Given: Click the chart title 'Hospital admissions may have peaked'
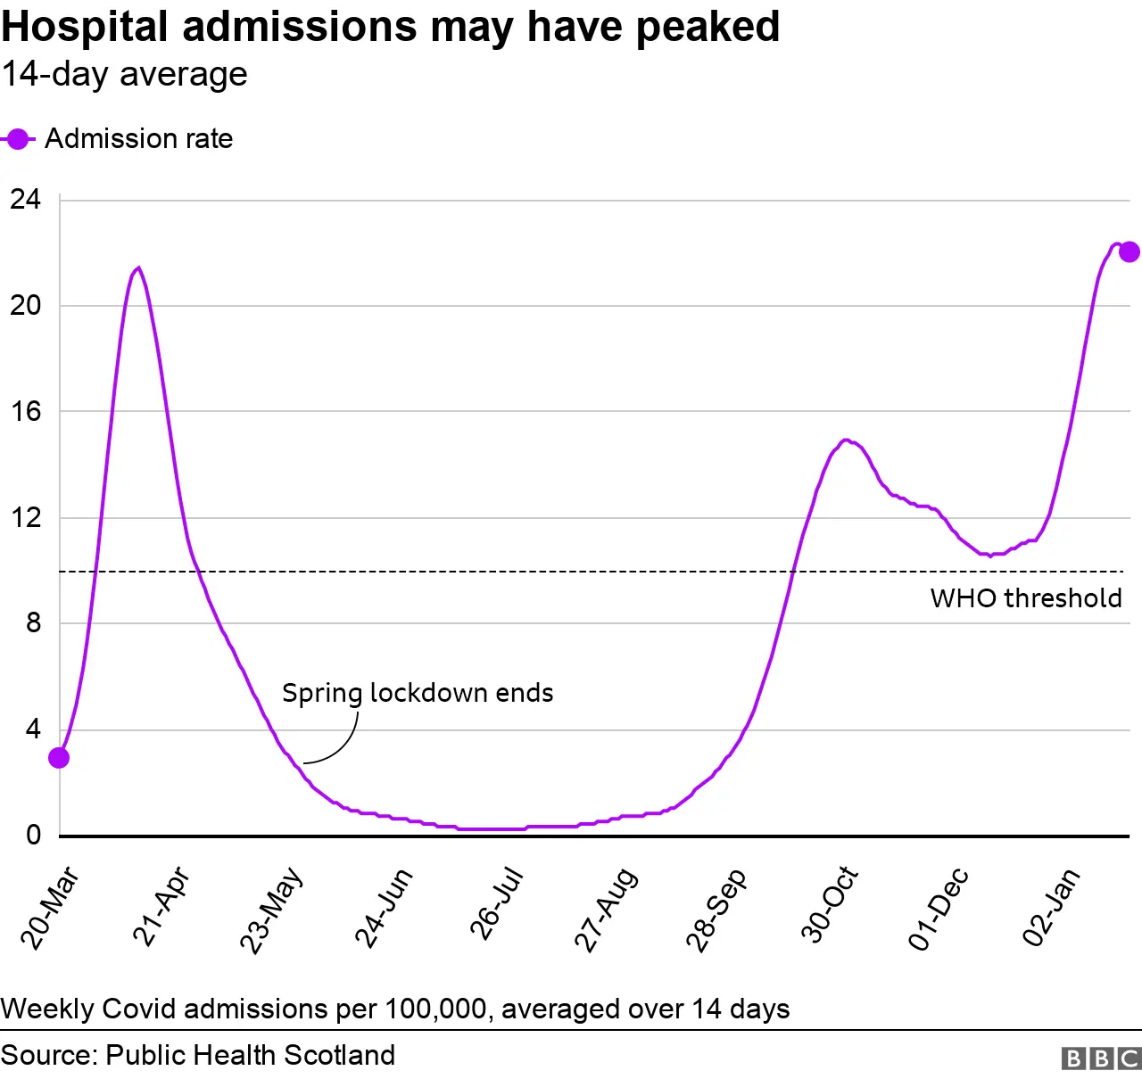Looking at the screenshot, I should point(390,27).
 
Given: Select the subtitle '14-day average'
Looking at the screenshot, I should point(124,74).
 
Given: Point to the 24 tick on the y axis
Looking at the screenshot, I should point(26,199).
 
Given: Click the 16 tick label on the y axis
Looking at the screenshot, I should point(26,411).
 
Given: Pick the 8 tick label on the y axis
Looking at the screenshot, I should point(33,622).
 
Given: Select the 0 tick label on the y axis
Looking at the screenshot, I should point(33,835).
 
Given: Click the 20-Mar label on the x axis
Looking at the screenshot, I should point(51,908).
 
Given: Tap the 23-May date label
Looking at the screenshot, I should point(271,910).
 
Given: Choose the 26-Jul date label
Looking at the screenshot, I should point(496,903).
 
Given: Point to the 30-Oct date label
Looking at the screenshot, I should point(830,904).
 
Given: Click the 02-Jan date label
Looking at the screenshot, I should point(1051,906).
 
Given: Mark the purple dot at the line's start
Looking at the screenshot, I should point(59,758).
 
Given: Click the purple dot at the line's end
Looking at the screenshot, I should point(1129,251).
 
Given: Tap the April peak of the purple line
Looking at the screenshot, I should point(137,268).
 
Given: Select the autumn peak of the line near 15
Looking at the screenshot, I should point(846,440).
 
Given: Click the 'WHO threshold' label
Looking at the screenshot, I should point(1026,597).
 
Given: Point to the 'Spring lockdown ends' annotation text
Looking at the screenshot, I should point(418,693).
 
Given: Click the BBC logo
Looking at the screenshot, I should point(1101,1058).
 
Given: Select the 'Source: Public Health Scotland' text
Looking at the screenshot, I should point(198,1055).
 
